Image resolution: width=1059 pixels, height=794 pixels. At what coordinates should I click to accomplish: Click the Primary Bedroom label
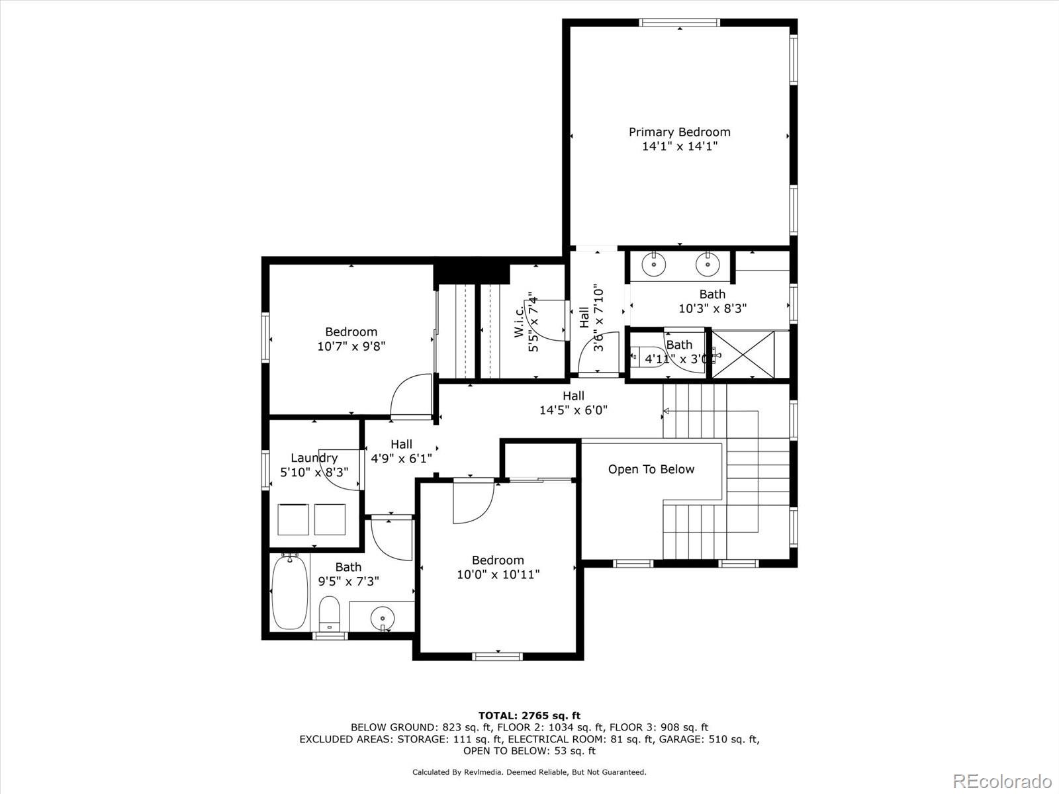click(x=679, y=132)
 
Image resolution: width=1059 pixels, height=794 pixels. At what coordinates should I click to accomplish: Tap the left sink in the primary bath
click(x=654, y=264)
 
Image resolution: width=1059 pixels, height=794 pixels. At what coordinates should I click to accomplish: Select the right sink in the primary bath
click(x=707, y=264)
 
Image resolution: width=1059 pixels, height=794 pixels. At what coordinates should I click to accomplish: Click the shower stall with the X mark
click(x=742, y=355)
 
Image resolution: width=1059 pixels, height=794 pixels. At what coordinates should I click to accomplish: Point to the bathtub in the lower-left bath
click(x=290, y=592)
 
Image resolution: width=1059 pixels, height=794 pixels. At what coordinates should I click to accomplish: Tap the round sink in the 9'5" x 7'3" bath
click(x=382, y=619)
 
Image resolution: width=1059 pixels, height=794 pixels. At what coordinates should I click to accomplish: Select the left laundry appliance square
click(x=293, y=519)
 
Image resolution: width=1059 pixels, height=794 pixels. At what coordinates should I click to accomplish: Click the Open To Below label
click(x=651, y=469)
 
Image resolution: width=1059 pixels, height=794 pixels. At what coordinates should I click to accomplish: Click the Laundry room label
click(x=314, y=458)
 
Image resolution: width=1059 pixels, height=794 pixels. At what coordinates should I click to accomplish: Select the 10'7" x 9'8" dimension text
click(x=351, y=346)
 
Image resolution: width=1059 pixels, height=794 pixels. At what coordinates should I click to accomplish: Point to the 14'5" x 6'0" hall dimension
click(x=573, y=410)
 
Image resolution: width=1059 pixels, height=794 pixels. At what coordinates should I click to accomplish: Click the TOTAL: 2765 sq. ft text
click(x=529, y=715)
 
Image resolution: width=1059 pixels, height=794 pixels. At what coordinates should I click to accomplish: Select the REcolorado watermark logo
click(x=1002, y=781)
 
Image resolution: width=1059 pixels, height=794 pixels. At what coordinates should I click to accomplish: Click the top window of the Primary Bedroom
click(x=680, y=22)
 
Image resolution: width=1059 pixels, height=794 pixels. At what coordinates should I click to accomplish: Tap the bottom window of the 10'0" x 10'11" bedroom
click(x=497, y=656)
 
